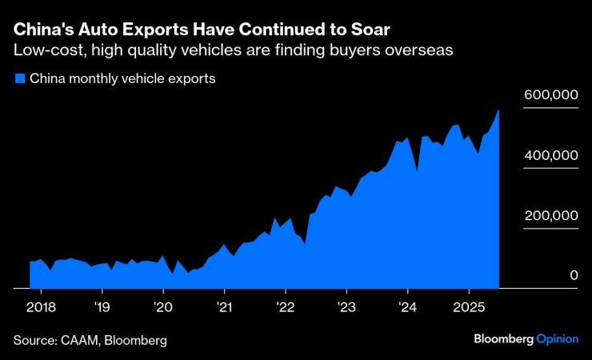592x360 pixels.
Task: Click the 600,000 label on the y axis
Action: click(550, 94)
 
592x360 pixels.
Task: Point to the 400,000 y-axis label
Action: click(550, 154)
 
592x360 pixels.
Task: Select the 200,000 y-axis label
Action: click(550, 215)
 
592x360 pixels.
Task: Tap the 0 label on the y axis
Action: click(574, 275)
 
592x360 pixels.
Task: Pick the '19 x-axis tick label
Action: click(102, 306)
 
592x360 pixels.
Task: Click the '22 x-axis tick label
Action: click(286, 306)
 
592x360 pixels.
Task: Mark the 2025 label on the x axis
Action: click(469, 306)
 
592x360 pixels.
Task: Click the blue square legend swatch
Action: click(19, 79)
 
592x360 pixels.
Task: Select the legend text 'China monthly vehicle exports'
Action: click(122, 79)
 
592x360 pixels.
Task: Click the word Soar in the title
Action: click(369, 30)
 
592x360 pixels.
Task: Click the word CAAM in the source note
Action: click(82, 340)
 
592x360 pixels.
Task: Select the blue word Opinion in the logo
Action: click(557, 339)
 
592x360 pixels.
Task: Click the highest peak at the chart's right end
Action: click(499, 110)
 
